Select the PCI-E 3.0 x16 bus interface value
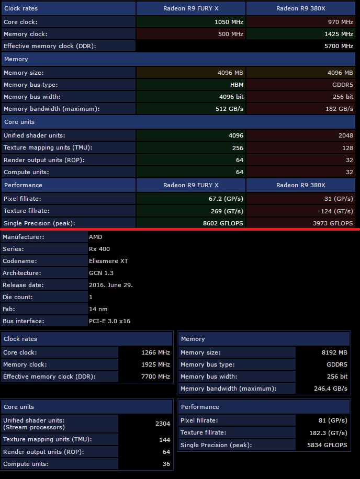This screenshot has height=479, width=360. click(x=109, y=321)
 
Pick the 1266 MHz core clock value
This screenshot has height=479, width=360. click(x=155, y=352)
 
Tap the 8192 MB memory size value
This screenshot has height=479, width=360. click(x=335, y=352)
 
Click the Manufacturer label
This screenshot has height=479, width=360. click(x=24, y=237)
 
